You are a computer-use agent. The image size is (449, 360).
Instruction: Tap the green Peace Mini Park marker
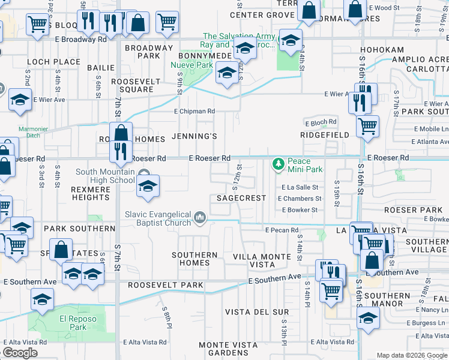pyautogui.click(x=278, y=163)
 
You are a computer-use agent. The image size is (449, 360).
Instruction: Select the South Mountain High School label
pyautogui.click(x=105, y=176)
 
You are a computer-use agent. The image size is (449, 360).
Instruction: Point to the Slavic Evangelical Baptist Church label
pyautogui.click(x=158, y=218)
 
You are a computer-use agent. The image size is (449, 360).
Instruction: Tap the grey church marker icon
pyautogui.click(x=200, y=216)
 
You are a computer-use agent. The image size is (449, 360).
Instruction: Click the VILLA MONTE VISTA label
pyautogui.click(x=262, y=260)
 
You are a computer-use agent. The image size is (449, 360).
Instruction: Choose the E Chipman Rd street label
pyautogui.click(x=194, y=111)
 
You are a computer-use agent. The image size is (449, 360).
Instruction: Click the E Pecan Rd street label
pyautogui.click(x=282, y=230)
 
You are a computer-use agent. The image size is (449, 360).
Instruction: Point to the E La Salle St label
pyautogui.click(x=300, y=187)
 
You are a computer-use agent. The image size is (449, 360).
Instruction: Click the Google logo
pyautogui.click(x=20, y=352)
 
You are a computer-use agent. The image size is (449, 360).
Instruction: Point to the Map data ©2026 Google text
pyautogui.click(x=412, y=355)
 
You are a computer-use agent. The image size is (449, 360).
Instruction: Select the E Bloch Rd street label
pyautogui.click(x=321, y=122)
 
